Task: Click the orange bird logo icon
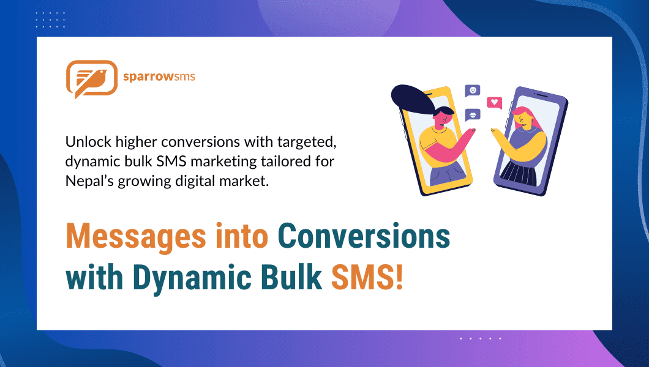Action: point(91,79)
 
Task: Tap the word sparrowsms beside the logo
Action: point(159,78)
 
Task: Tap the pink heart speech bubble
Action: point(493,102)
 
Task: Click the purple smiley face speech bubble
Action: point(472,91)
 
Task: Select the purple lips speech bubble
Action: point(472,114)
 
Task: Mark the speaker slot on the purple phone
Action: point(541,95)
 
